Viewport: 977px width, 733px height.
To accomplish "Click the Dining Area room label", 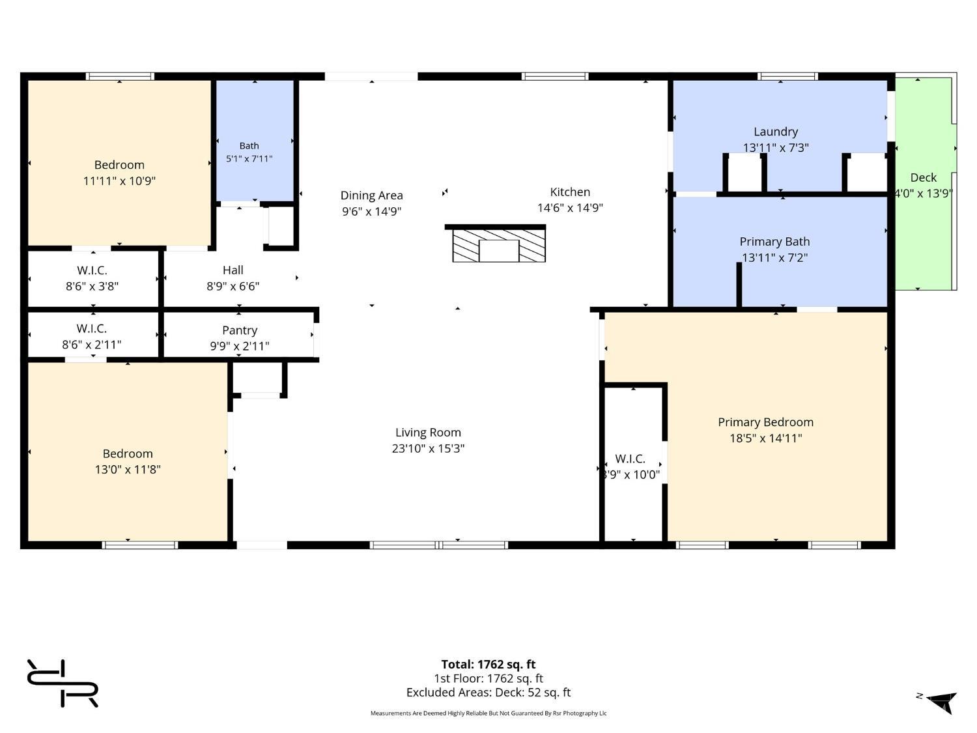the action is [372, 195].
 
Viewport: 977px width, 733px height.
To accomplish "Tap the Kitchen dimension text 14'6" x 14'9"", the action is [570, 208].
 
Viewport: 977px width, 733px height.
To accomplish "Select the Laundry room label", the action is [775, 132].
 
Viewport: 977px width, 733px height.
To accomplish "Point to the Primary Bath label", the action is [774, 242].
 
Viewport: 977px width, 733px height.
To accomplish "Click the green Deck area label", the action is [923, 178].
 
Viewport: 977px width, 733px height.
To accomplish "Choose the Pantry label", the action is [240, 330].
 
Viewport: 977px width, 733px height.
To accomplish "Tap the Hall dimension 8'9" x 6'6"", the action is [233, 286].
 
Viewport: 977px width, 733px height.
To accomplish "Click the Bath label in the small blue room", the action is [249, 145].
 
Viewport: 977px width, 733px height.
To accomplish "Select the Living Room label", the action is [428, 433].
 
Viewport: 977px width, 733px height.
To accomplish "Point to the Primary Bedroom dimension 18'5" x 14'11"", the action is [765, 438].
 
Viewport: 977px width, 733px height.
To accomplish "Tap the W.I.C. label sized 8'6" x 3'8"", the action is [92, 270].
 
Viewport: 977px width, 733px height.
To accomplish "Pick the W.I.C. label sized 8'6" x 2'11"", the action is [92, 328].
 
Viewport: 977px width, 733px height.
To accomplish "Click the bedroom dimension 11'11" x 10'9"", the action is [119, 181].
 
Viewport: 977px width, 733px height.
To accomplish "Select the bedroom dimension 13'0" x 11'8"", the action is [128, 470].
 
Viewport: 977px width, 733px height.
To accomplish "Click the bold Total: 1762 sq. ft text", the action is [488, 664].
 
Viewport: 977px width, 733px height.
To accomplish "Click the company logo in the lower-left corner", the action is [63, 683].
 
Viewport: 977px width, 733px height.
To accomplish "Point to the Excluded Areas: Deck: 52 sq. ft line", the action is [488, 693].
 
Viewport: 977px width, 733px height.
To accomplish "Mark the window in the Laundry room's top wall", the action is [787, 76].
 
